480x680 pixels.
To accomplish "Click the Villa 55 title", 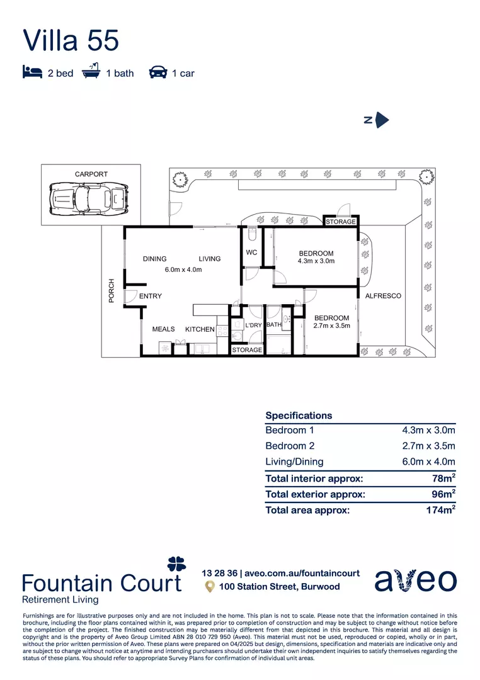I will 71,40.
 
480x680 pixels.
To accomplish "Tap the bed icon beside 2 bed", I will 32,73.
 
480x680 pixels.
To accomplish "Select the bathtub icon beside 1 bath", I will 91,72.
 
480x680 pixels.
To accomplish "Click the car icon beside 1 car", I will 157,73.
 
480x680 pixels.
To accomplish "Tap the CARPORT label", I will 91,174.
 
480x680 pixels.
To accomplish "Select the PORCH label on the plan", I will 111,290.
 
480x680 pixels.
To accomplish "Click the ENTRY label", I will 151,296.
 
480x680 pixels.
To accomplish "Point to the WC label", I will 252,253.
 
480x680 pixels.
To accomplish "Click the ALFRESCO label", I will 383,296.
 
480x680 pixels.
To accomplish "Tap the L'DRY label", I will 253,325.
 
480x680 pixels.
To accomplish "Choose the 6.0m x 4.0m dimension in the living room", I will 183,269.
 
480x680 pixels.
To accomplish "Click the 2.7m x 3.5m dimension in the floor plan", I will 332,326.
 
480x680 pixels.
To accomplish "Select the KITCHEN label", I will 200,329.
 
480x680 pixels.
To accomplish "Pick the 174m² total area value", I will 440,510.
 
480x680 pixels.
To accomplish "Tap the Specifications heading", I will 299,416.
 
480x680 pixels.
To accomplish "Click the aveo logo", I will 415,580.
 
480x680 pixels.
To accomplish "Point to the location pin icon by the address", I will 210,587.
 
